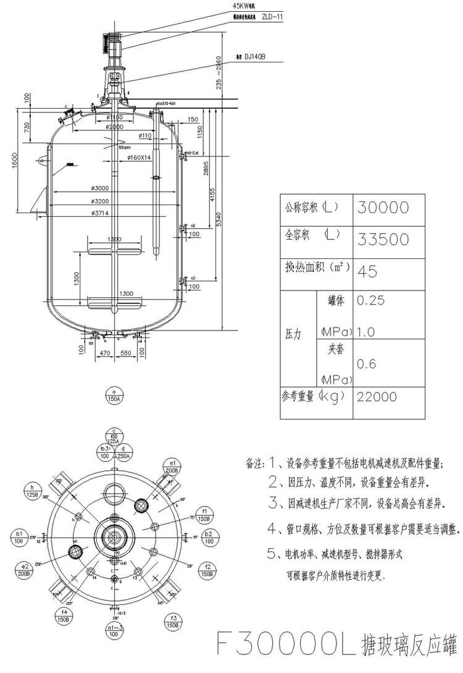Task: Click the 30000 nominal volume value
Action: [383, 208]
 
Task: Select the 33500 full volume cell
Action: [383, 239]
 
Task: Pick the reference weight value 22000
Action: [377, 397]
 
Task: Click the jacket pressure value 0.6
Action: [367, 364]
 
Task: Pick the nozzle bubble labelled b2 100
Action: [209, 536]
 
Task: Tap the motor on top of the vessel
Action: [113, 44]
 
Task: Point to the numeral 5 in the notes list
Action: [272, 554]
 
